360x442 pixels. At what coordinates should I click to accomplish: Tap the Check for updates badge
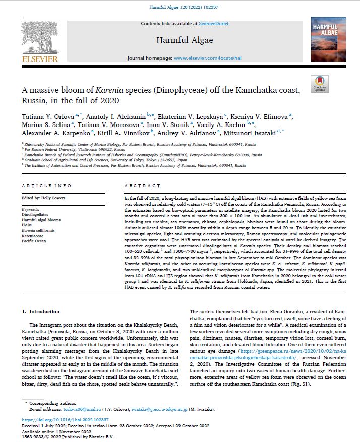320,84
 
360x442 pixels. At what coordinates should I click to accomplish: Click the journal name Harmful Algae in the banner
184,40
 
